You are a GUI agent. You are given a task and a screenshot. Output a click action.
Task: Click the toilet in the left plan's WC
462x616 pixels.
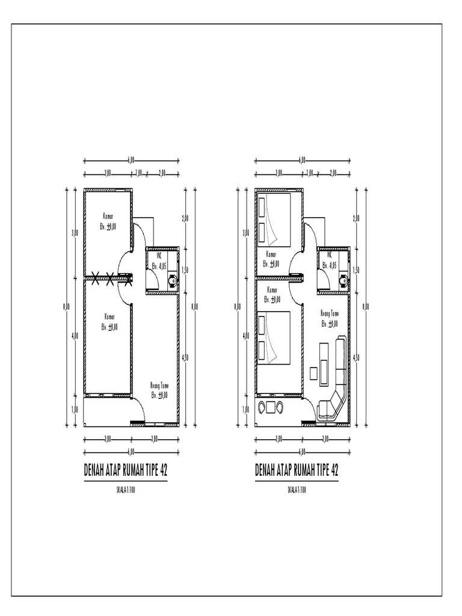point(173,280)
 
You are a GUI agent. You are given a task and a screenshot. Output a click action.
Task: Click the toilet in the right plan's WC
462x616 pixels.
point(344,280)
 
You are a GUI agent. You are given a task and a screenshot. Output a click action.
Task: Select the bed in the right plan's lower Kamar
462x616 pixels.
point(274,337)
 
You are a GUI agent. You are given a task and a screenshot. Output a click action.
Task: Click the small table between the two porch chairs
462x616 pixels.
point(271,407)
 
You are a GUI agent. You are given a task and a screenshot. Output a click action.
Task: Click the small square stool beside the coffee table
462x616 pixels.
point(313,373)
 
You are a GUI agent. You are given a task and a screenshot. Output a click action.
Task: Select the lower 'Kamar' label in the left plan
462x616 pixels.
point(109,321)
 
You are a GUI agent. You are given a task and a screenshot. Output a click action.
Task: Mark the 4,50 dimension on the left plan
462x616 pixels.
point(185,357)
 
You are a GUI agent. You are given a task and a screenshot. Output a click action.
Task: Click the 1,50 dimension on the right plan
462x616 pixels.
point(356,270)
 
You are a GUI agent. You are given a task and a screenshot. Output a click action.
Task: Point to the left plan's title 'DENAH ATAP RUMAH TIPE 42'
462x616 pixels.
point(126,470)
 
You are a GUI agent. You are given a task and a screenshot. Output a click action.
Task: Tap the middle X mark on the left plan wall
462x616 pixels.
point(109,277)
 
